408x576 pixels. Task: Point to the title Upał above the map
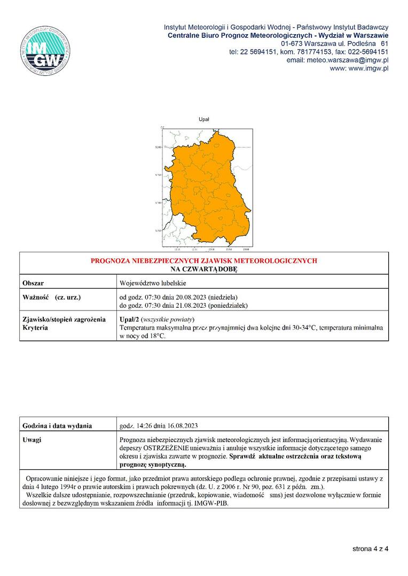click(204, 120)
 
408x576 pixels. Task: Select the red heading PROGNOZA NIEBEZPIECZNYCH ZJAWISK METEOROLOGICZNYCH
click(204, 261)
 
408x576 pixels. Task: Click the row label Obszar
click(34, 283)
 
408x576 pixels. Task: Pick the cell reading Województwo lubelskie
click(153, 283)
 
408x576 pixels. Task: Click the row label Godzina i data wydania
click(57, 426)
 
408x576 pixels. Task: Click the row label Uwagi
click(32, 440)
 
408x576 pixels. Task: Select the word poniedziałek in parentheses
click(227, 305)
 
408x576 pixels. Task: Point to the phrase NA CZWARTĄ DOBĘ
click(204, 269)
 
